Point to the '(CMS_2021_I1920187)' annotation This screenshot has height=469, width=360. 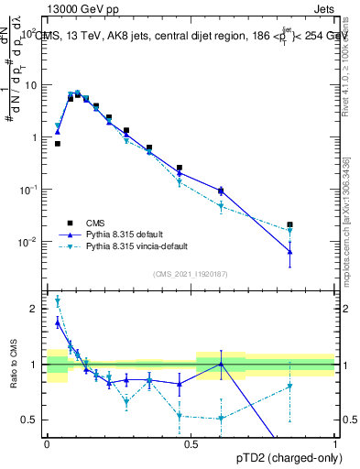(x=190, y=274)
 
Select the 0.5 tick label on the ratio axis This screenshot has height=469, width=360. (x=31, y=420)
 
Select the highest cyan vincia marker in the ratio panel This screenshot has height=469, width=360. (x=58, y=300)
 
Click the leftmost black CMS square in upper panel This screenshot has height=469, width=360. (x=58, y=144)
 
